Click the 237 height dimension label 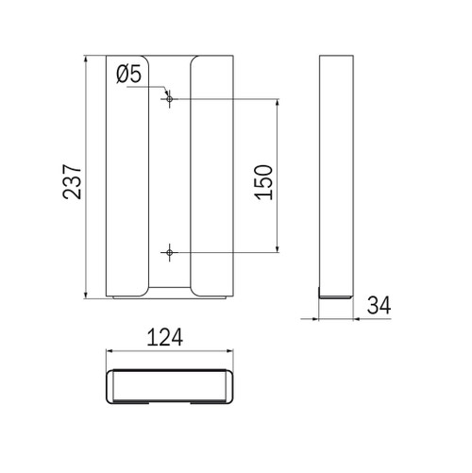click(72, 181)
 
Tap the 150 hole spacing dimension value click(263, 182)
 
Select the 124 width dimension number click(165, 337)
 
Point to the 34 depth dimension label click(379, 305)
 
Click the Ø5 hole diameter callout click(128, 75)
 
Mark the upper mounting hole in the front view click(170, 99)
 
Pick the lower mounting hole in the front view click(170, 252)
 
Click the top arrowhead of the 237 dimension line click(86, 59)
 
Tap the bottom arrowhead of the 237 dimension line click(86, 295)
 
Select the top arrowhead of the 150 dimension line click(278, 103)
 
